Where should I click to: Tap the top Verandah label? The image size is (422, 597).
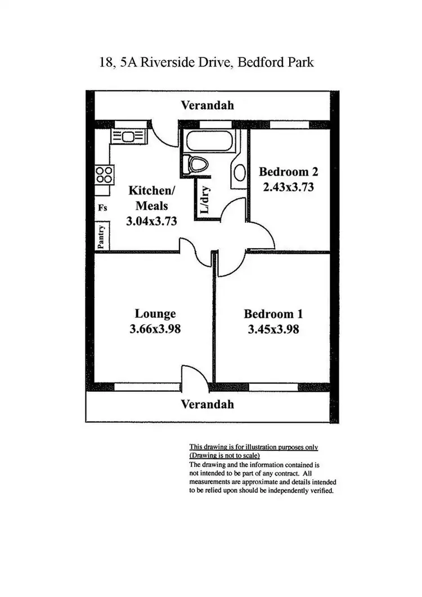pos(207,105)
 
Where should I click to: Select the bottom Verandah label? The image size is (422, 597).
pos(207,404)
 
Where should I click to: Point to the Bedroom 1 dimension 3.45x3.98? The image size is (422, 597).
pos(273,329)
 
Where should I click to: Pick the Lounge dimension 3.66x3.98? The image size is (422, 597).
pos(155,329)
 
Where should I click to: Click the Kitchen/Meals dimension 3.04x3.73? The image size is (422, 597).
pos(151,221)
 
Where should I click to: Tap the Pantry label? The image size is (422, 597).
pos(102,237)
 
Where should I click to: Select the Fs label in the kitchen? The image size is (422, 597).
pos(102,207)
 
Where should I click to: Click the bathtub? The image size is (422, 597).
pos(209,141)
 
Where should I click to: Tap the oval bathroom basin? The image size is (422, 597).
pos(238,172)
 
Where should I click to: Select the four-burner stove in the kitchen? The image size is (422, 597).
pos(102,174)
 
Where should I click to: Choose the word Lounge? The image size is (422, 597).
pos(155,313)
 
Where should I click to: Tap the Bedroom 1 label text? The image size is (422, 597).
pos(273,313)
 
